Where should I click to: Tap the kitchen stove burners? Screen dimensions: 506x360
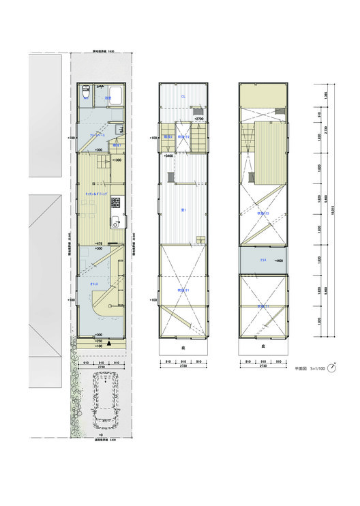click(x=116, y=203)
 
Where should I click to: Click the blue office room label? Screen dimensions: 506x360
click(x=96, y=282)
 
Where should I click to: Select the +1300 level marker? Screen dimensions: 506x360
click(x=117, y=160)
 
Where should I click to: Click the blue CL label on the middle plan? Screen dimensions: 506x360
click(x=183, y=97)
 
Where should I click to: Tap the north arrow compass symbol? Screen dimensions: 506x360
click(x=332, y=368)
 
